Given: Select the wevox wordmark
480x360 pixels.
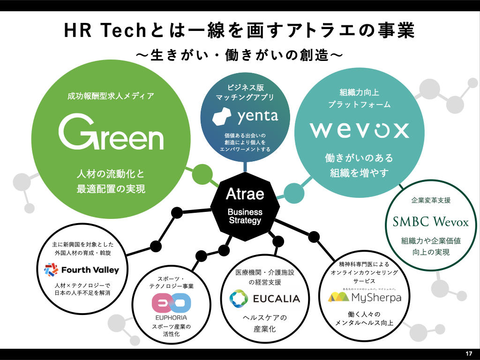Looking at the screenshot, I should coord(360,130).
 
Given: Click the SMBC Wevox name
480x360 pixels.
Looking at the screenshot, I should coord(431,221).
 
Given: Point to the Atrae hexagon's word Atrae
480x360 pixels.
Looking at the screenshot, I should coord(245,194).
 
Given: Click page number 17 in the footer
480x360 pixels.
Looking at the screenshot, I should coord(469,353).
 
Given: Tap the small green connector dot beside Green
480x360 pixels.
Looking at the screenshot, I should coord(202,174).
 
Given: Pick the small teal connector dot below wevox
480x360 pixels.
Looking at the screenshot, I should coord(294,192).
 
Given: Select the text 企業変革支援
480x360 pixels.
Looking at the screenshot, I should coord(431,200).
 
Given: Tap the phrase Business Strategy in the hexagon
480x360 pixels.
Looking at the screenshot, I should coord(245,216).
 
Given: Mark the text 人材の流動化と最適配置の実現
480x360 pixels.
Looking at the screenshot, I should coord(111,181).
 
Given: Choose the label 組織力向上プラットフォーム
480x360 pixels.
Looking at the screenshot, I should coord(360,98).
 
